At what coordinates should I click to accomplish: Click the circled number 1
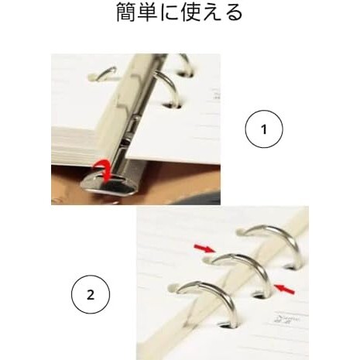(x=263, y=131)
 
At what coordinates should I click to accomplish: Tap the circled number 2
(x=91, y=295)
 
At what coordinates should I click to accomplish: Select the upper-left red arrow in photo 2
(x=203, y=247)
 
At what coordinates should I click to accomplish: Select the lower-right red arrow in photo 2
(x=284, y=289)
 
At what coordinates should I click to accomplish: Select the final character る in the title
(x=234, y=13)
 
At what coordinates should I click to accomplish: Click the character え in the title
(x=212, y=13)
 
